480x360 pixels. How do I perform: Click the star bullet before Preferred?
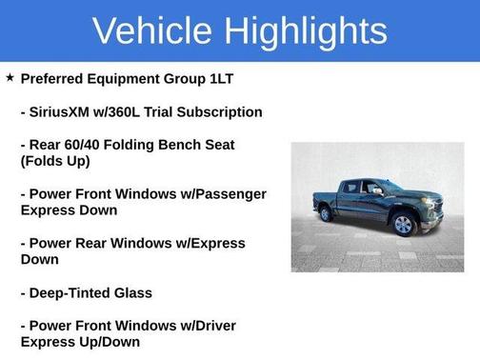10,78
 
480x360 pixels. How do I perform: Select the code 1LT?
247,79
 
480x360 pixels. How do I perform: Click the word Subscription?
219,112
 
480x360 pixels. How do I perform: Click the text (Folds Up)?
55,161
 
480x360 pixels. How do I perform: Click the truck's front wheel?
403,224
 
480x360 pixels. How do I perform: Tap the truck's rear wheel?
327,213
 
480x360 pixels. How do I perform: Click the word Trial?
155,112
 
